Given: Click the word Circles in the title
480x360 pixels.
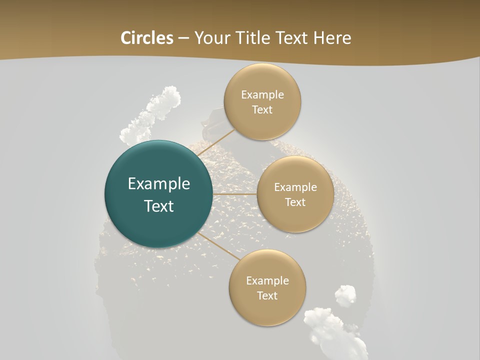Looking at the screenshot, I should [x=146, y=38].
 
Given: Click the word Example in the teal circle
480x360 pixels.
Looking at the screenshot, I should [x=159, y=184].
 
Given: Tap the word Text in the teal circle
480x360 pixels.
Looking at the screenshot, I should [x=159, y=206].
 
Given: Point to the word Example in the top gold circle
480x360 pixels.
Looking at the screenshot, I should [x=262, y=95].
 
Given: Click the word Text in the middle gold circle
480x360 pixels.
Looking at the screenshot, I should [x=295, y=202].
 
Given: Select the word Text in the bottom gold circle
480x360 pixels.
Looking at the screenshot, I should [x=267, y=296].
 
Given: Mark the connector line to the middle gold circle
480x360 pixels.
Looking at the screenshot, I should [x=235, y=193].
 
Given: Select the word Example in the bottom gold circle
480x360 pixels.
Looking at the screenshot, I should [x=267, y=281].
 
